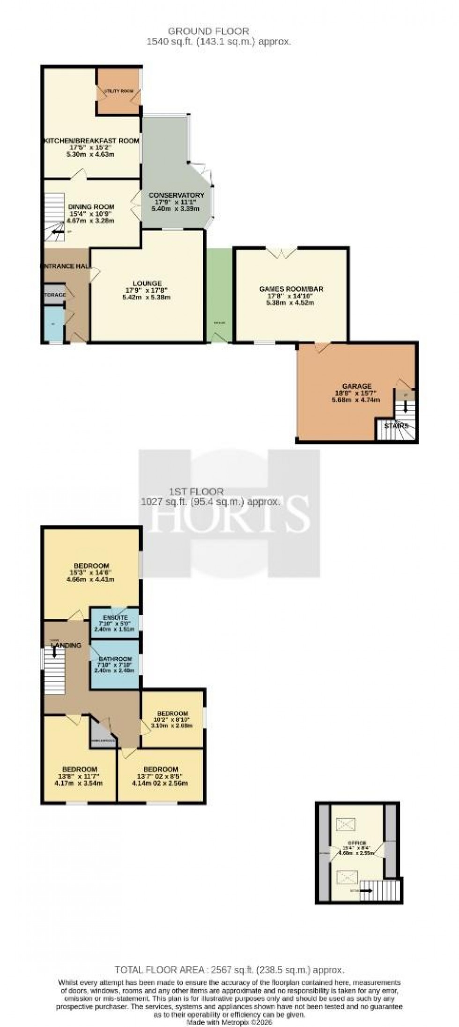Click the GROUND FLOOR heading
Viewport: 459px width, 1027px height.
click(208, 31)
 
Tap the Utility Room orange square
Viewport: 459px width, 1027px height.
click(119, 92)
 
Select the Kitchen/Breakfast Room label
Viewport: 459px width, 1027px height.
click(92, 140)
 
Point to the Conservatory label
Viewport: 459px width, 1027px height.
click(177, 196)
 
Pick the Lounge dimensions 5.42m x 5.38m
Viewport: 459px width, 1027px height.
click(147, 297)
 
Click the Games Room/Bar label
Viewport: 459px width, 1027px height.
click(291, 289)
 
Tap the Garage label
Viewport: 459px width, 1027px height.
click(356, 386)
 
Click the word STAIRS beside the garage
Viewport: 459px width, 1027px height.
click(396, 426)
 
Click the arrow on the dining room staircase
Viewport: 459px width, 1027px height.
click(58, 231)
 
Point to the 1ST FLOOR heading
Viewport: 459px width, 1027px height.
click(197, 492)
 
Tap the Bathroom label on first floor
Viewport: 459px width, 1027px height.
click(115, 659)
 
